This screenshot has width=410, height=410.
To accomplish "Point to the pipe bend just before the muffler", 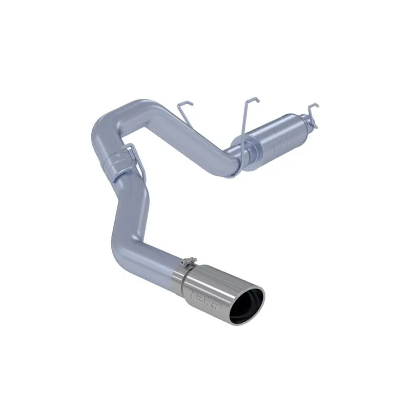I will point(233,164).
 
